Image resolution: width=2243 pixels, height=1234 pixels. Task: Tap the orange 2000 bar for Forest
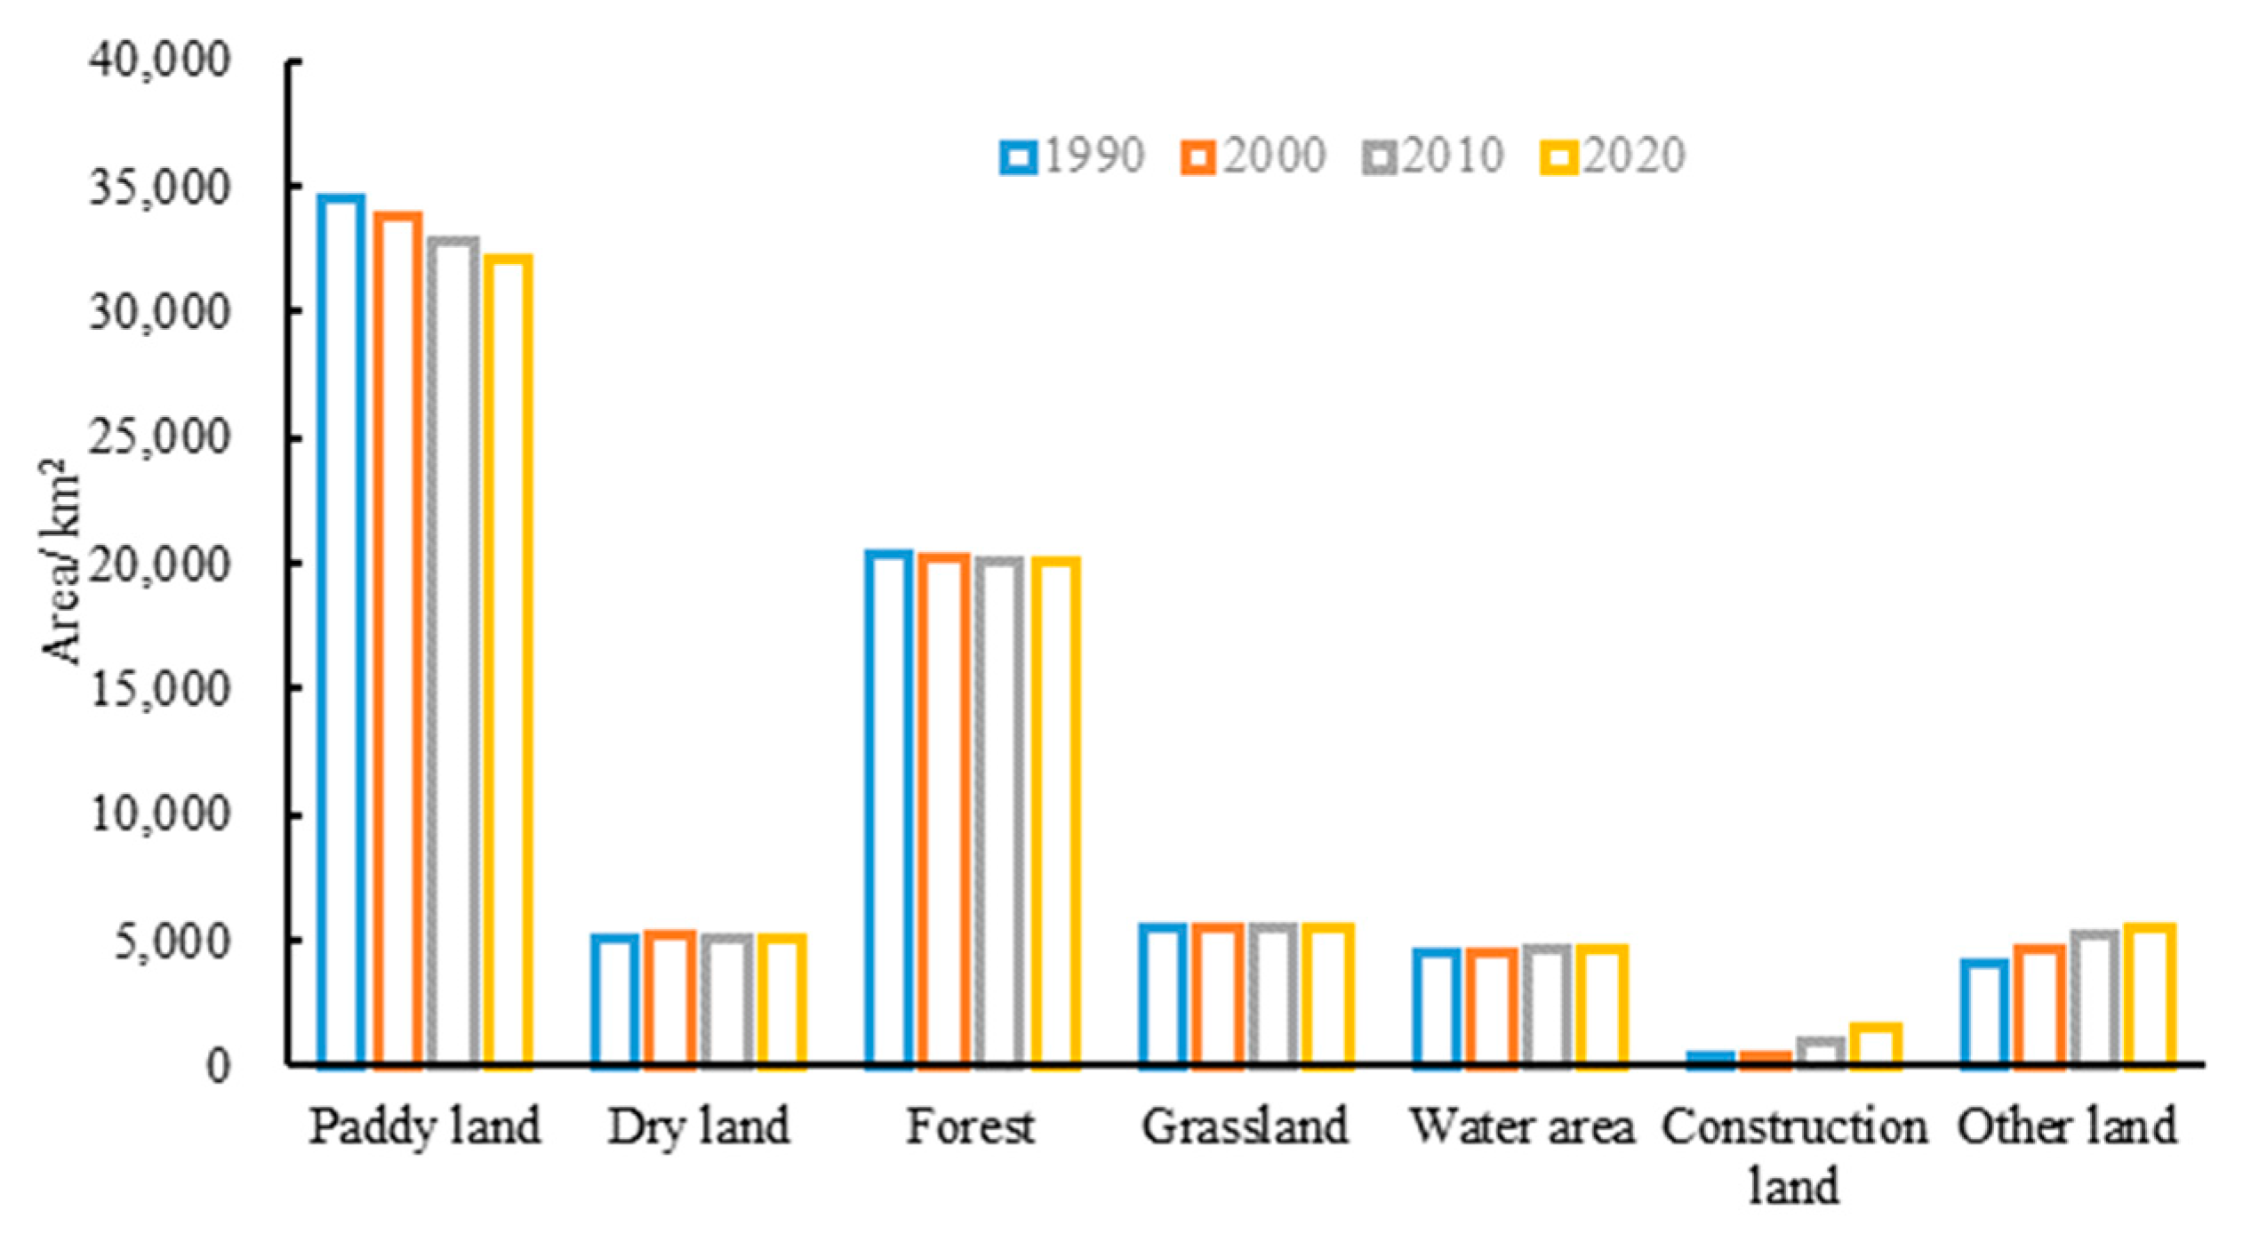(x=944, y=809)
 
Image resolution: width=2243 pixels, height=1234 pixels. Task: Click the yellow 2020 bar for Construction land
(x=1876, y=1046)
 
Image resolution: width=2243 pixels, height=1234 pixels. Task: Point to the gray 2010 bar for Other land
(x=2095, y=998)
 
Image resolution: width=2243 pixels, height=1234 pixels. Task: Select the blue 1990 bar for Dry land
(x=615, y=999)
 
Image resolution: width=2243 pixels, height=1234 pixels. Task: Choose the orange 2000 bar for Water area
(x=1493, y=1006)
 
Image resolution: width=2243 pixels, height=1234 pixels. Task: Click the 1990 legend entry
(x=1072, y=156)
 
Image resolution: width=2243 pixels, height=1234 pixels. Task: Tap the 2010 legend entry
(x=1432, y=156)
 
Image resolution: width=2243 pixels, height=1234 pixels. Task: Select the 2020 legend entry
(x=1613, y=156)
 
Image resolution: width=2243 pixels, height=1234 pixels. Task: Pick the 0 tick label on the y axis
(x=219, y=1065)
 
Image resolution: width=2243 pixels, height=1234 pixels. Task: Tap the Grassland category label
(x=1246, y=1127)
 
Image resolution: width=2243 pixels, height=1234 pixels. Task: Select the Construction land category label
(x=1794, y=1156)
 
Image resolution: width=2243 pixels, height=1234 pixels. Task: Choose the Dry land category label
(x=699, y=1127)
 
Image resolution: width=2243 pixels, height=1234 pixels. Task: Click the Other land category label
(x=2066, y=1127)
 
